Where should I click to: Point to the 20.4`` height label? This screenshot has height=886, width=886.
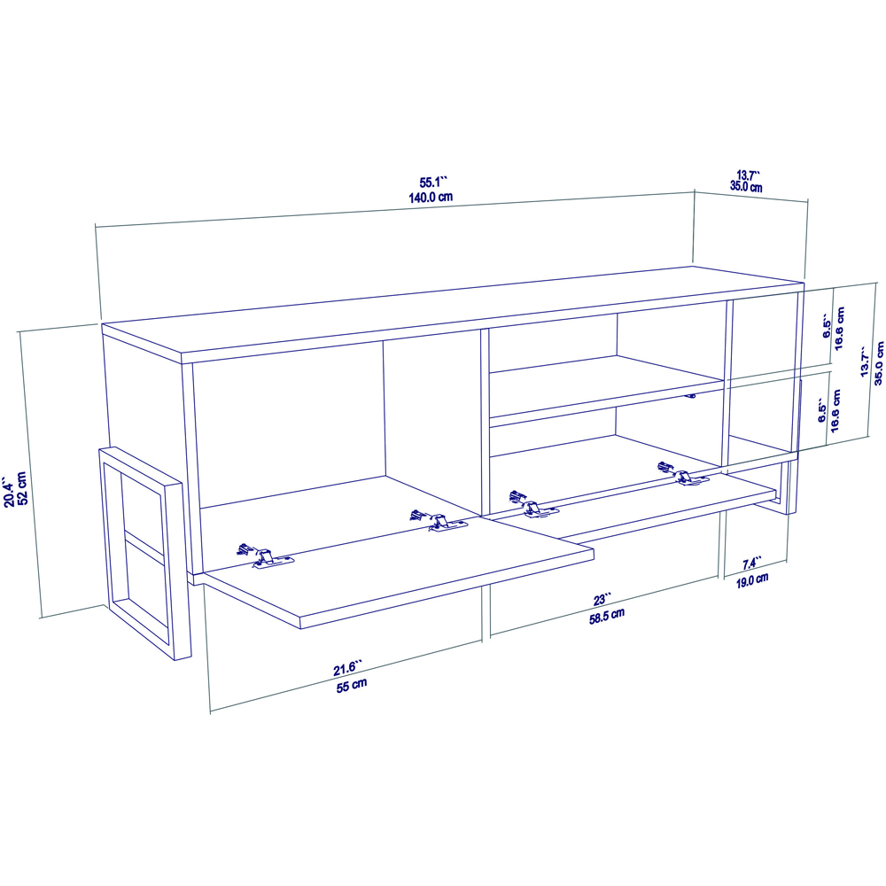coord(8,494)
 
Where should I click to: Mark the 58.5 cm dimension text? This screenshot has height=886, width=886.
coord(607,615)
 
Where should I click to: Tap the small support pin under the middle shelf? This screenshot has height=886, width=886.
coord(692,396)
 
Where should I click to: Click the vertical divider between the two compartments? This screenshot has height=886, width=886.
coord(484,416)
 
